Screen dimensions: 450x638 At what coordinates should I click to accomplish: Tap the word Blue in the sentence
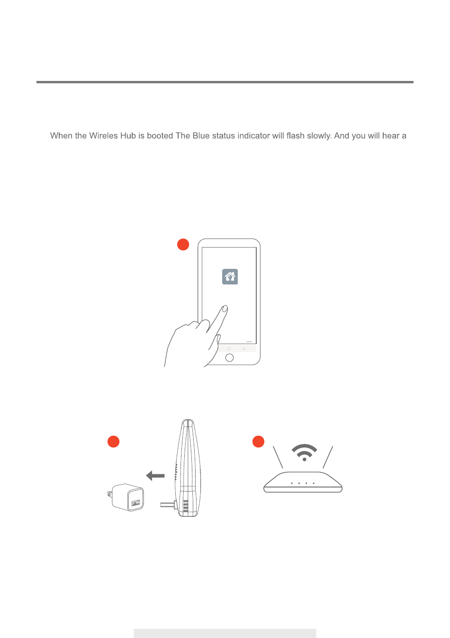point(201,135)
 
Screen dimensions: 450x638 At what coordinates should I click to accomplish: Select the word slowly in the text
point(319,136)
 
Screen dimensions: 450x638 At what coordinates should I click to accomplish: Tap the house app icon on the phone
point(230,276)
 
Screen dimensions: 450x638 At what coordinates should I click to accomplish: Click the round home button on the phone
point(229,357)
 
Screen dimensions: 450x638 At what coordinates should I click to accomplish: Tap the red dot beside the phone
point(183,244)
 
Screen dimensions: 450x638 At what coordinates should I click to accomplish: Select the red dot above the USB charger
point(113,442)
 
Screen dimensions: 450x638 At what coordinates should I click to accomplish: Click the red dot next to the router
point(259,442)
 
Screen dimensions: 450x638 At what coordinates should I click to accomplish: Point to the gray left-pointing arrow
point(155,475)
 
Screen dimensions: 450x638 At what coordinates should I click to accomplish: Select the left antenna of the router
point(278,457)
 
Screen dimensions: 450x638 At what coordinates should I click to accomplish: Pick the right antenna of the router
point(328,457)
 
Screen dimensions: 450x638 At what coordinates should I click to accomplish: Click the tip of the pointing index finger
point(225,308)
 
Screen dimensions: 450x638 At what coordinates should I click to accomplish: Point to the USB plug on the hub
point(168,505)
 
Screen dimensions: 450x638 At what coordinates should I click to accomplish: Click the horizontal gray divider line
point(225,82)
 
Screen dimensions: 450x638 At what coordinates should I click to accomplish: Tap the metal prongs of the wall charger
point(109,494)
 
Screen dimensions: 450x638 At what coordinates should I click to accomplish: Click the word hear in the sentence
point(391,135)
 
